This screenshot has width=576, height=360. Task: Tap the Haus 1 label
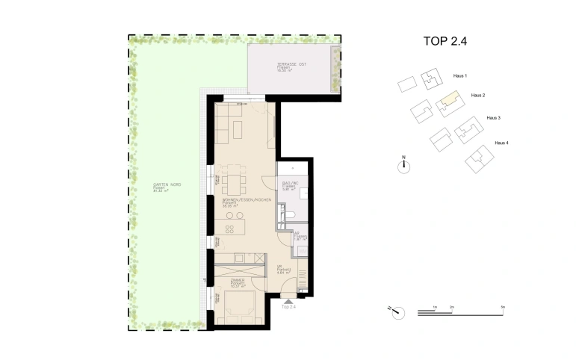(x=460, y=76)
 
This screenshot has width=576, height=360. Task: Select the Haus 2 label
(x=478, y=96)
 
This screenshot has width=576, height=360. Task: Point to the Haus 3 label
(x=493, y=118)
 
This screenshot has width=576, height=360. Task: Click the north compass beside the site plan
(x=403, y=167)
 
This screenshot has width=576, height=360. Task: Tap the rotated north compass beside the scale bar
(x=394, y=309)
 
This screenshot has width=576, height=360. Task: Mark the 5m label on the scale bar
(x=503, y=307)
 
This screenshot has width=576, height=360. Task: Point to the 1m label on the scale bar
(x=434, y=307)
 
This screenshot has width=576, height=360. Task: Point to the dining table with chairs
(x=235, y=180)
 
